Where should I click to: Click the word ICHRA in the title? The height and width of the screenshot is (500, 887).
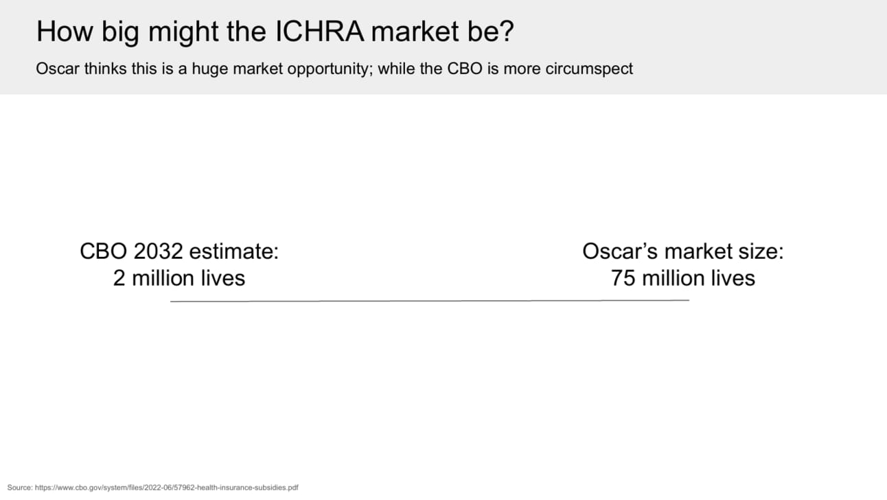tap(319, 32)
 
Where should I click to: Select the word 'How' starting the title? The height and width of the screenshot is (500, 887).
tap(65, 32)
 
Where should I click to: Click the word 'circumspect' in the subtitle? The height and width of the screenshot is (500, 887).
tap(589, 69)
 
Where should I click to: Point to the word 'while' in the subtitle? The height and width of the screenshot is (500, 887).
tap(397, 69)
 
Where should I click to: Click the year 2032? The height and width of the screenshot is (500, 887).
tap(159, 251)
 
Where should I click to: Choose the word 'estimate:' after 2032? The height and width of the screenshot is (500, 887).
tap(234, 251)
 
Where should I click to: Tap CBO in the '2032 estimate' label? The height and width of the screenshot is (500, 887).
tap(104, 251)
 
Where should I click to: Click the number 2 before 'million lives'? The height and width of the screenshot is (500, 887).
tap(119, 278)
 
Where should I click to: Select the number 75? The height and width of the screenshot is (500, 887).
tap(623, 278)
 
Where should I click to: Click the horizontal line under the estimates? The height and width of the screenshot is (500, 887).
tap(430, 301)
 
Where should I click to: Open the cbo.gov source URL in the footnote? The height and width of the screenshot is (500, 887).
tap(167, 488)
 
